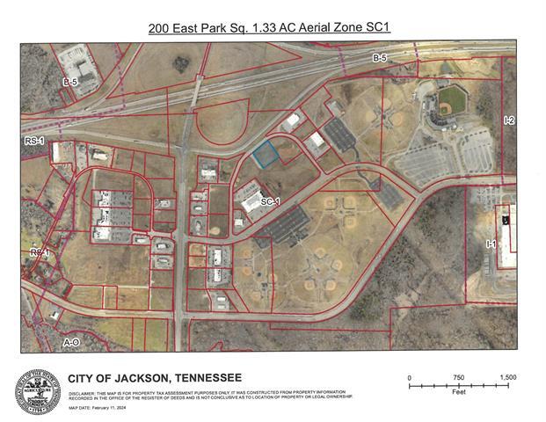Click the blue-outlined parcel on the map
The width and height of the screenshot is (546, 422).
tap(266, 156)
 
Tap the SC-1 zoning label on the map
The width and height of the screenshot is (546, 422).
tap(270, 202)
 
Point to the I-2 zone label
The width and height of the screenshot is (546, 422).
tap(508, 120)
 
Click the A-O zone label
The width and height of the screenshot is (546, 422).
tap(72, 340)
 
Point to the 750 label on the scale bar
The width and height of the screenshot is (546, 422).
tap(459, 377)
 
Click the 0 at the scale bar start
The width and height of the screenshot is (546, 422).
tap(410, 377)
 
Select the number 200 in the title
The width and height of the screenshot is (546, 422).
tap(160, 27)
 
